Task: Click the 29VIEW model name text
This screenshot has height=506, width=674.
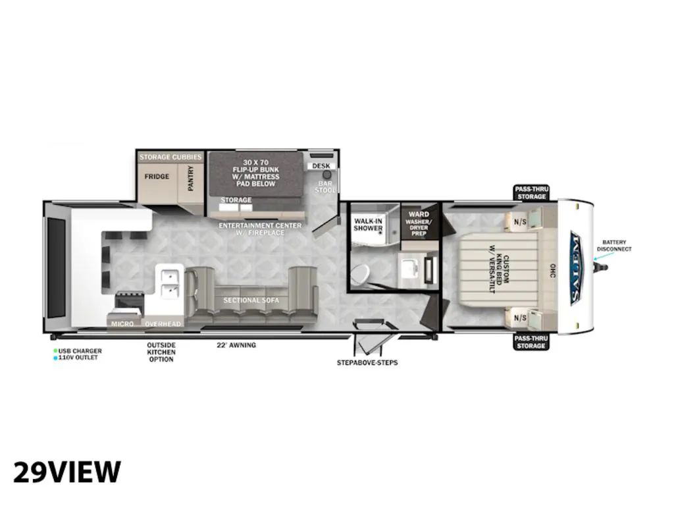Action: [67, 472]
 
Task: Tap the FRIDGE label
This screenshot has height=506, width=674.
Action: [157, 177]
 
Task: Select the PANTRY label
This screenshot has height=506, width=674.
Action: [191, 178]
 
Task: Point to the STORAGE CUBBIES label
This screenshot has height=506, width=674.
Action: [170, 157]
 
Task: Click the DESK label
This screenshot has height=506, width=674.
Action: [321, 165]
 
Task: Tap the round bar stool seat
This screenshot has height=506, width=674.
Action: [327, 175]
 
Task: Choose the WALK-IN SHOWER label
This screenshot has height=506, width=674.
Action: [368, 225]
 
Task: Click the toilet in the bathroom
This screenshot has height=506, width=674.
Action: [360, 272]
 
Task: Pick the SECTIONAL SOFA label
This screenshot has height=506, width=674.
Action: [251, 300]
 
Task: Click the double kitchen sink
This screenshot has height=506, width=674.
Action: [170, 283]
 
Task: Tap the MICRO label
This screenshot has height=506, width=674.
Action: [122, 323]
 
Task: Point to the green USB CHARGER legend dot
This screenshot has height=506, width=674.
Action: [55, 351]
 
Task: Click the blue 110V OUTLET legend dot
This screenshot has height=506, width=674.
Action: [55, 358]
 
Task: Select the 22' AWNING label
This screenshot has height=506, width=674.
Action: [236, 345]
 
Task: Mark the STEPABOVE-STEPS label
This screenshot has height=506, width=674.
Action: [367, 363]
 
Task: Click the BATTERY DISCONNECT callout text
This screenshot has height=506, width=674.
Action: [614, 246]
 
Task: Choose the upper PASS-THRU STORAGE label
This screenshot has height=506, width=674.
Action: [532, 193]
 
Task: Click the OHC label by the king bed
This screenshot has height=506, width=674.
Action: [552, 271]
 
